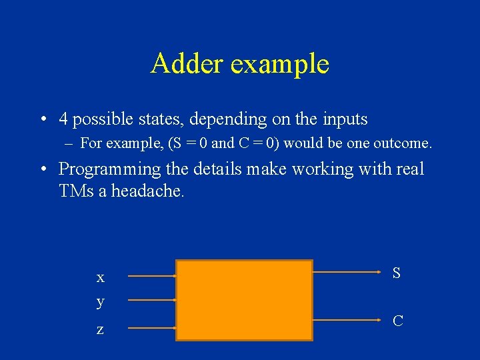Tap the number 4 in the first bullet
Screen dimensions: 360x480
[63, 119]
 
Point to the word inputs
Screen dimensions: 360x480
[341, 120]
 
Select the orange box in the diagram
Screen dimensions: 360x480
[244, 300]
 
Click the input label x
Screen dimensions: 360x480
[100, 277]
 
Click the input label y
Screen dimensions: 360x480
[100, 302]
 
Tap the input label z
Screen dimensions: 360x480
[100, 329]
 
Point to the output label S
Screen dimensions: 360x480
[397, 273]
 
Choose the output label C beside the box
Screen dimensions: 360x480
[397, 321]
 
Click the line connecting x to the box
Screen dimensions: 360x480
[151, 275]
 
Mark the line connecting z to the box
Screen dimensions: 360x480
[151, 328]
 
